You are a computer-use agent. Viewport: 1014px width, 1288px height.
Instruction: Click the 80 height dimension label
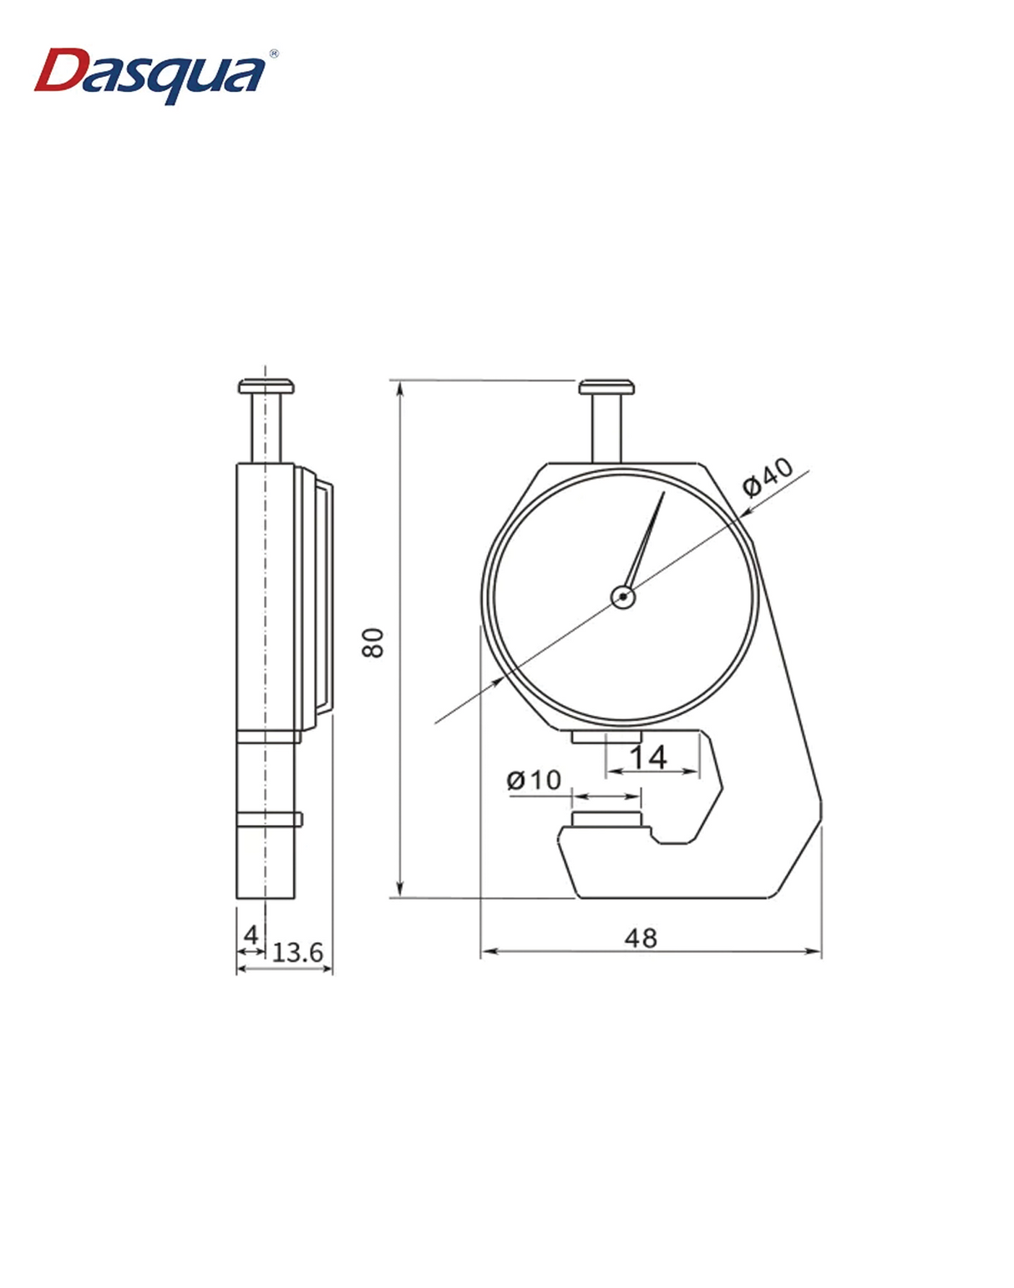373,641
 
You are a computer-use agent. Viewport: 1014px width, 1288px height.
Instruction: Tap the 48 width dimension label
641,938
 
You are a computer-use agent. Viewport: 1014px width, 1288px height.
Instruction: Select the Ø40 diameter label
768,477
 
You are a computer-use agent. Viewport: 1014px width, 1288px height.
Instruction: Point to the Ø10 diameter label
534,780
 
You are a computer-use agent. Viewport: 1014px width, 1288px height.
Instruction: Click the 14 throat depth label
648,757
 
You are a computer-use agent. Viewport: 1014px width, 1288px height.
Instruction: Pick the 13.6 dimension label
298,952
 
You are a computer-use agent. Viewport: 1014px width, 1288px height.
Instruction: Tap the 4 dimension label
250,935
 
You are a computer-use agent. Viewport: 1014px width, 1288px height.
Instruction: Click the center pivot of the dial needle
623,596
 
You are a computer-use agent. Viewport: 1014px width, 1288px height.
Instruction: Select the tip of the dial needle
663,493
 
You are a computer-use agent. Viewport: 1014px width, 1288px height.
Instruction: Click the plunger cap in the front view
606,387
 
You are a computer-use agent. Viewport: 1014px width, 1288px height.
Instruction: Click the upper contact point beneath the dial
606,737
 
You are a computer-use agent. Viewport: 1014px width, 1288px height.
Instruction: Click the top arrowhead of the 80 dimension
401,387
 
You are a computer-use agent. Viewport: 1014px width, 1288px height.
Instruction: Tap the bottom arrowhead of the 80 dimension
401,891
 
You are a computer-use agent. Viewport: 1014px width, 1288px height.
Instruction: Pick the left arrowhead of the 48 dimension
486,951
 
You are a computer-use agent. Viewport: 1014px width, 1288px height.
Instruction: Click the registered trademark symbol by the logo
274,53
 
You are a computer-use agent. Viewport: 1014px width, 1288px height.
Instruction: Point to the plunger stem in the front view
606,428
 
